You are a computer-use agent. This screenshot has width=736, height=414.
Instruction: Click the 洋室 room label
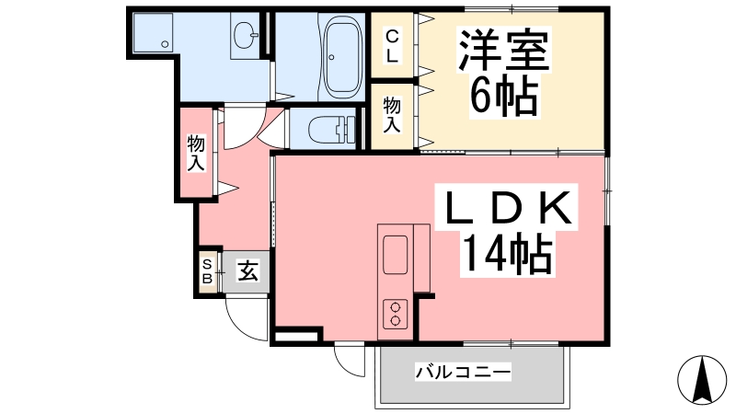coord(504,51)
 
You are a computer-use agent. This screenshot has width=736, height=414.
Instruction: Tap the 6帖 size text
coord(504,97)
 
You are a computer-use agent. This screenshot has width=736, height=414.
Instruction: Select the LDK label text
coord(507,207)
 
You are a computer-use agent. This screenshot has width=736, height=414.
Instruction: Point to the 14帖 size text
coord(507,254)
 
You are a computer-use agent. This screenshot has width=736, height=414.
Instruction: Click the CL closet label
coord(392,46)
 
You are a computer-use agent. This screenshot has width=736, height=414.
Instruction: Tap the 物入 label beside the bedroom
coord(392,115)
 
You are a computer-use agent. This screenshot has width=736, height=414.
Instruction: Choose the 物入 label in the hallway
coord(196,153)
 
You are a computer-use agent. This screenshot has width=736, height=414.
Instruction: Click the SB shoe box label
coord(207,271)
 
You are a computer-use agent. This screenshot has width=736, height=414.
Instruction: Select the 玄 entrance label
coord(247,270)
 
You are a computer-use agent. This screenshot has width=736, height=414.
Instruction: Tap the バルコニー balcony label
coord(463,373)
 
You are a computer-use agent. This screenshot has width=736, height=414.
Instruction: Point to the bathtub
coord(343,57)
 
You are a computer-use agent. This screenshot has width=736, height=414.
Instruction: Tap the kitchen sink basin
coord(396,254)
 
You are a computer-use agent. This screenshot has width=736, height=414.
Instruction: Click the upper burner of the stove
coord(396,307)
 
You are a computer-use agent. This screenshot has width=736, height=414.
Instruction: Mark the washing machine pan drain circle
coord(165,44)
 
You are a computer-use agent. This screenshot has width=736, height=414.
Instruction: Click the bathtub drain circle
coord(331,57)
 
